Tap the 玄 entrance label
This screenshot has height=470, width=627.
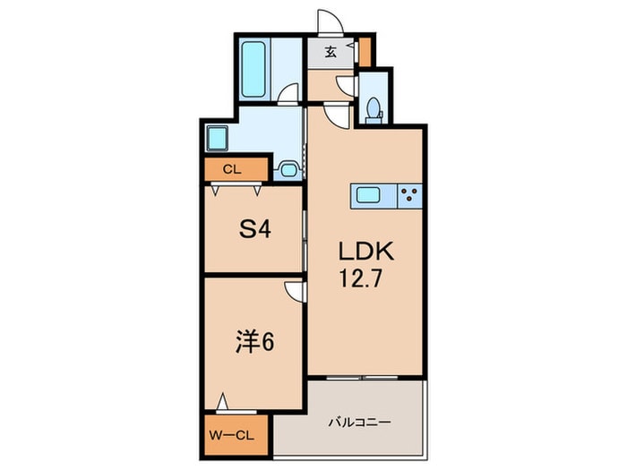point(331,52)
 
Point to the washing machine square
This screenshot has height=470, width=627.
point(218,139)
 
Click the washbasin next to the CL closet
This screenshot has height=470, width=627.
point(288,167)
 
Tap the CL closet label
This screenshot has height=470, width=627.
point(231,168)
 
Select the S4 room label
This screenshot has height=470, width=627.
point(253,229)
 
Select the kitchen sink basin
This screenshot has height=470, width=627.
point(370,195)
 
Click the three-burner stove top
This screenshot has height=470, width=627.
point(410,195)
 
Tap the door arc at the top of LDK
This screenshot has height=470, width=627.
point(334,114)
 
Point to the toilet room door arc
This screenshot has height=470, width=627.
point(345,84)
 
